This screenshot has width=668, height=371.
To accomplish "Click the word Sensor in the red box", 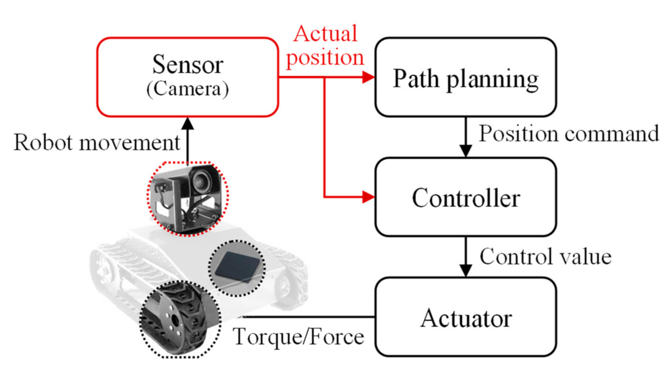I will pyautogui.click(x=187, y=65).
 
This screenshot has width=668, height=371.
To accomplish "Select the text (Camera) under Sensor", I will pyautogui.click(x=187, y=89).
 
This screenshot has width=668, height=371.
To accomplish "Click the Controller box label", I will pyautogui.click(x=465, y=198).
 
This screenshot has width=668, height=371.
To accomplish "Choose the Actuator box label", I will pyautogui.click(x=465, y=318).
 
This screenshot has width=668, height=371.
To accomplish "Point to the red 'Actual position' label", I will pyautogui.click(x=325, y=46).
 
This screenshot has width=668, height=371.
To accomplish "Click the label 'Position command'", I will pyautogui.click(x=568, y=134).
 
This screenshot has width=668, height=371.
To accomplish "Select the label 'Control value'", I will pyautogui.click(x=545, y=257).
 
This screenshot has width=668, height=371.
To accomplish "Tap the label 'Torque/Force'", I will pyautogui.click(x=298, y=336).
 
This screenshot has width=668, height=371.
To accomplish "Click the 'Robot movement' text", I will pyautogui.click(x=96, y=142).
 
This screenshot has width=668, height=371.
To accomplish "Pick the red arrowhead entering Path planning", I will pyautogui.click(x=368, y=77).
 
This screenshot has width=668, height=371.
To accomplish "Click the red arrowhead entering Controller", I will pyautogui.click(x=368, y=197).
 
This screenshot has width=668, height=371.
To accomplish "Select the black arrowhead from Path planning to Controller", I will pyautogui.click(x=465, y=151).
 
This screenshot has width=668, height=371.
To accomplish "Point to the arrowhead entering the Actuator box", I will pyautogui.click(x=465, y=270).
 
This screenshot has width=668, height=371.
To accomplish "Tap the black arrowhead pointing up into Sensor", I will pyautogui.click(x=188, y=124).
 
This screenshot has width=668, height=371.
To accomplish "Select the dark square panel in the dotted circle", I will pyautogui.click(x=238, y=267).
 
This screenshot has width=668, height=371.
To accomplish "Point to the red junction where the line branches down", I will pyautogui.click(x=324, y=78).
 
